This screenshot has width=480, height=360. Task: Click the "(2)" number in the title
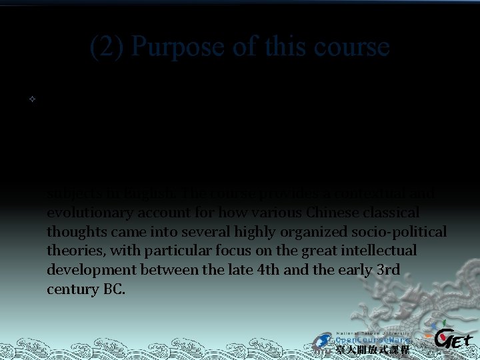(107, 47)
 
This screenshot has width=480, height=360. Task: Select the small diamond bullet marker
(31, 99)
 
